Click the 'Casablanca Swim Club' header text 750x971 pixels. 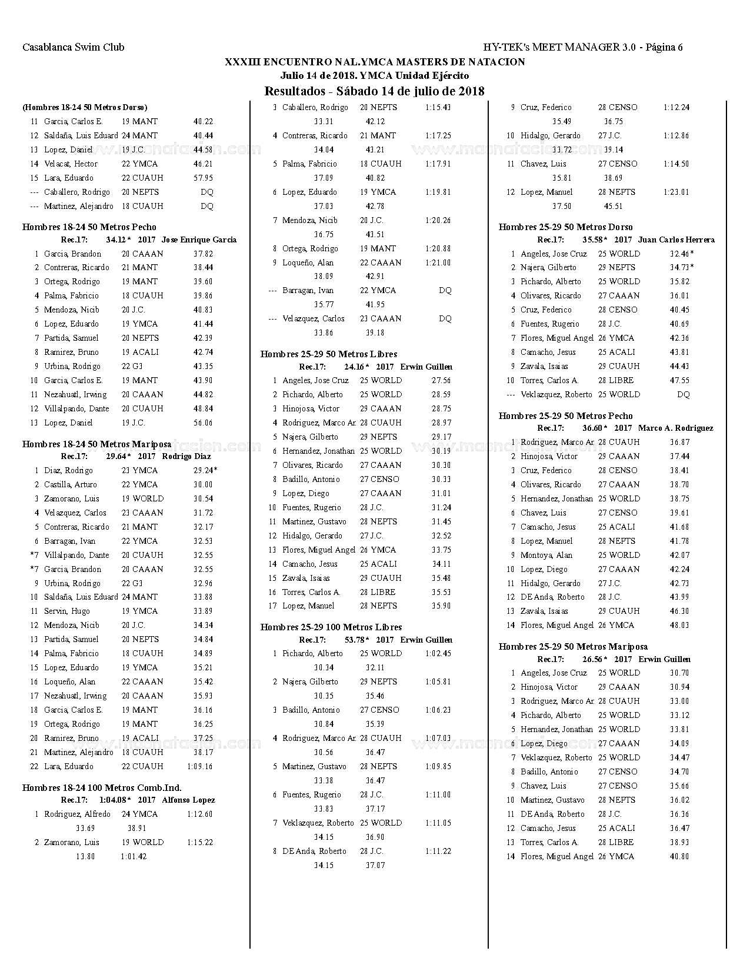pos(74,48)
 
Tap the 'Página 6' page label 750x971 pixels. pos(664,48)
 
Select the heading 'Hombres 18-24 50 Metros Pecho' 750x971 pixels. pos(89,227)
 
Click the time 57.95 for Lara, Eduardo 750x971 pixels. pos(203,178)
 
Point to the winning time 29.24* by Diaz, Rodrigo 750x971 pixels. pos(205,470)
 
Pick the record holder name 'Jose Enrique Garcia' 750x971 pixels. pos(199,240)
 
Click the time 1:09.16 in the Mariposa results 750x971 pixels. pos(200,766)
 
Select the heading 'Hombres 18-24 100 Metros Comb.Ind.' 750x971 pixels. pos(102,788)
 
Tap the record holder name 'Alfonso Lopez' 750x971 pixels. pos(188,800)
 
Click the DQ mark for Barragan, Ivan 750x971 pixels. pos(445,291)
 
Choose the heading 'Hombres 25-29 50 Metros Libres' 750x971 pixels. pos(329,354)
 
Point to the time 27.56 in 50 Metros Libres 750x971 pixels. pos(441,380)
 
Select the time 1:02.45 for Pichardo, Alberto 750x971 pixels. pos(438,653)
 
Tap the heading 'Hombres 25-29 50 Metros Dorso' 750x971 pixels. pos(566,227)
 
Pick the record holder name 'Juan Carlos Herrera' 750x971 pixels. pos(676,240)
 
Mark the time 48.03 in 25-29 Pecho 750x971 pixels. pos(679,625)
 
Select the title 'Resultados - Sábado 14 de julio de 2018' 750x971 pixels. pos(375,91)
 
